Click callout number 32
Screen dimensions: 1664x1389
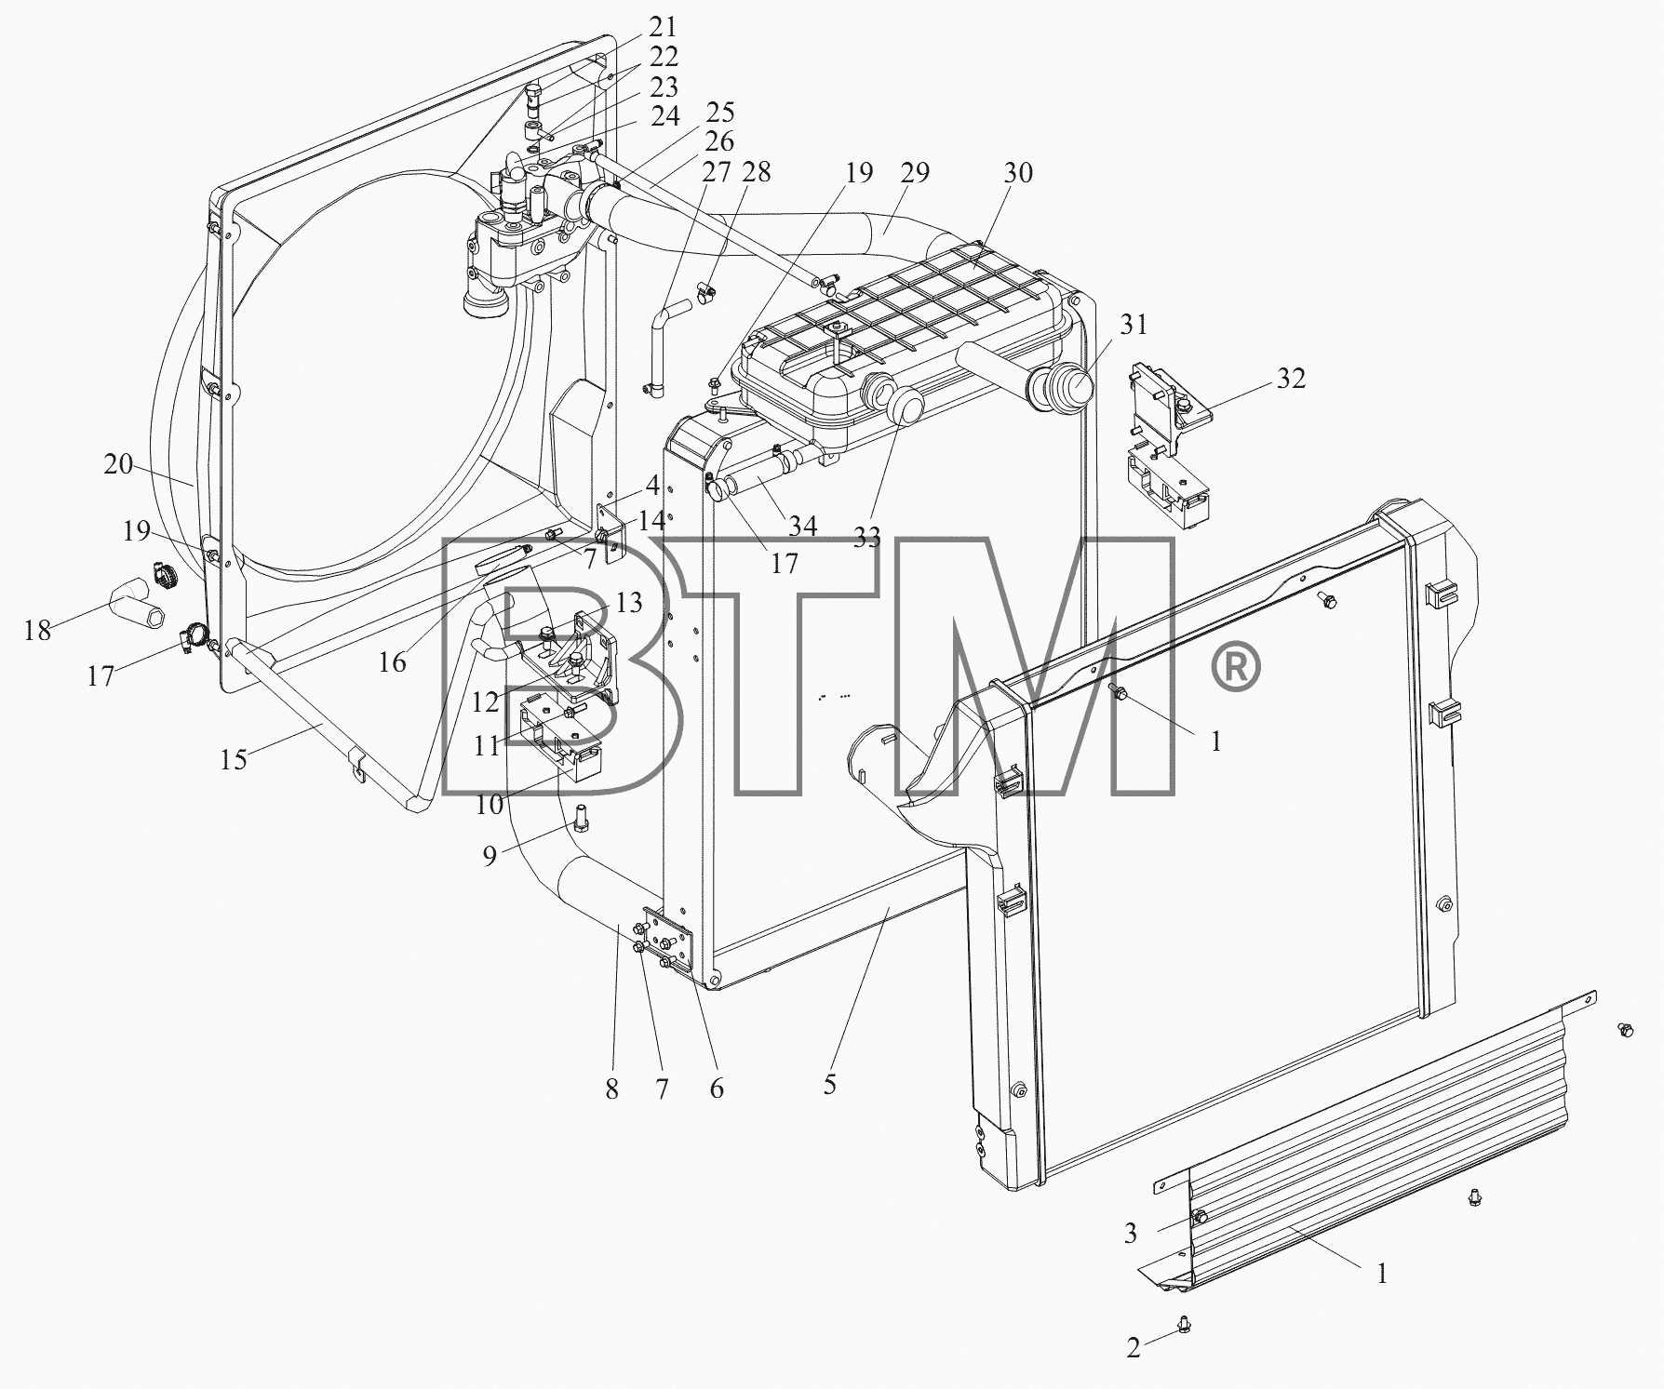(x=1290, y=379)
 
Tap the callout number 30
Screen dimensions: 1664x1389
(x=1018, y=173)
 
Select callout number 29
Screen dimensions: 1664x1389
(x=915, y=173)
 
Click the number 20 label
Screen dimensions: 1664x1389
(x=118, y=463)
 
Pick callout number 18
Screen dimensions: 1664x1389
(x=37, y=631)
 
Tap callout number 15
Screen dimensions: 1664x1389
(x=234, y=759)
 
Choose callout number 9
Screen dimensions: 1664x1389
(x=490, y=855)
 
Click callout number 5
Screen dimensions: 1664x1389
(x=829, y=1084)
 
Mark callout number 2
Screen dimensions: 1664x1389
(x=1133, y=1347)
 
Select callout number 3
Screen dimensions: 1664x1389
(x=1130, y=1234)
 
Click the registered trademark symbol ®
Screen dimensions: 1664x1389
(x=1234, y=668)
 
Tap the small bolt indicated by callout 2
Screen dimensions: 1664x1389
(x=1183, y=1322)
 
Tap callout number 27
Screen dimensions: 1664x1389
(x=716, y=173)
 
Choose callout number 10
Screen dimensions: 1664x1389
(x=489, y=805)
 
